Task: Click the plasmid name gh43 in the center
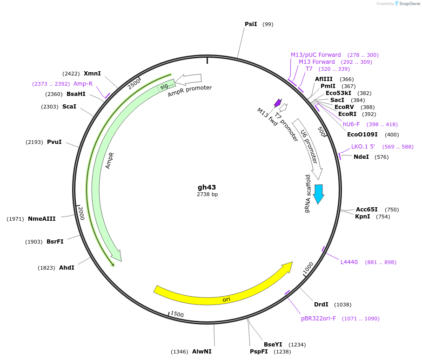pyautogui.click(x=207, y=187)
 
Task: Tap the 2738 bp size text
pyautogui.click(x=207, y=194)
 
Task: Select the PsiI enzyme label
pyautogui.click(x=251, y=24)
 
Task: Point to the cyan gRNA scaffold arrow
pyautogui.click(x=319, y=193)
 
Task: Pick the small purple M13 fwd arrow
pyautogui.click(x=278, y=102)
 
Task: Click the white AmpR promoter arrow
pyautogui.click(x=189, y=80)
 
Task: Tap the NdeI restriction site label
pyautogui.click(x=361, y=156)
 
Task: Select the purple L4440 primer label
pyautogui.click(x=349, y=262)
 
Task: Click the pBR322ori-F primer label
pyautogui.click(x=318, y=319)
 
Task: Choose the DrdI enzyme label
pyautogui.click(x=321, y=305)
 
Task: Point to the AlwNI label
pyautogui.click(x=201, y=352)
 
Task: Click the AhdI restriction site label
pyautogui.click(x=67, y=268)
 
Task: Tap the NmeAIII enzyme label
pyautogui.click(x=41, y=219)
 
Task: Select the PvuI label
pyautogui.click(x=54, y=142)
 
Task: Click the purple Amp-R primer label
pyautogui.click(x=83, y=84)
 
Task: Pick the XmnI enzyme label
pyautogui.click(x=92, y=74)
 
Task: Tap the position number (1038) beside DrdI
pyautogui.click(x=343, y=305)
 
